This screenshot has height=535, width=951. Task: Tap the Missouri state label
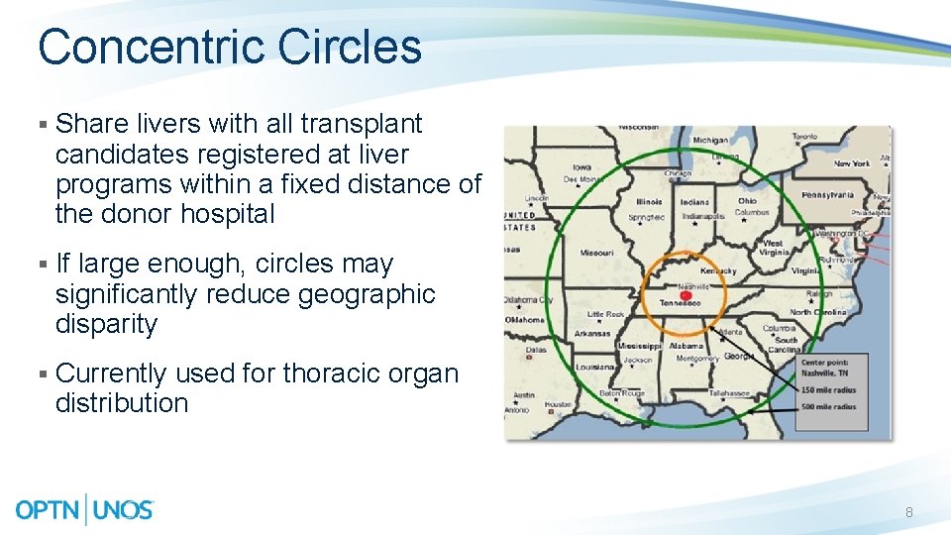click(596, 252)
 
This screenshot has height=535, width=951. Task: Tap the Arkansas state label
click(591, 333)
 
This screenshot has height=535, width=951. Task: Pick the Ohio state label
click(747, 201)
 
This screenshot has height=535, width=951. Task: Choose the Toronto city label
click(804, 137)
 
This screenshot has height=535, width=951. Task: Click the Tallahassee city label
click(728, 393)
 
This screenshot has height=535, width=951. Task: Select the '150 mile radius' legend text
click(830, 390)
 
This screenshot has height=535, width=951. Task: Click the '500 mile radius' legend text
click(830, 406)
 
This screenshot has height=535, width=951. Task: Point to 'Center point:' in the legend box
click(824, 363)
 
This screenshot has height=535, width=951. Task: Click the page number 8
click(909, 512)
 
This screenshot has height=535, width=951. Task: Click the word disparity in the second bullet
click(106, 324)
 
